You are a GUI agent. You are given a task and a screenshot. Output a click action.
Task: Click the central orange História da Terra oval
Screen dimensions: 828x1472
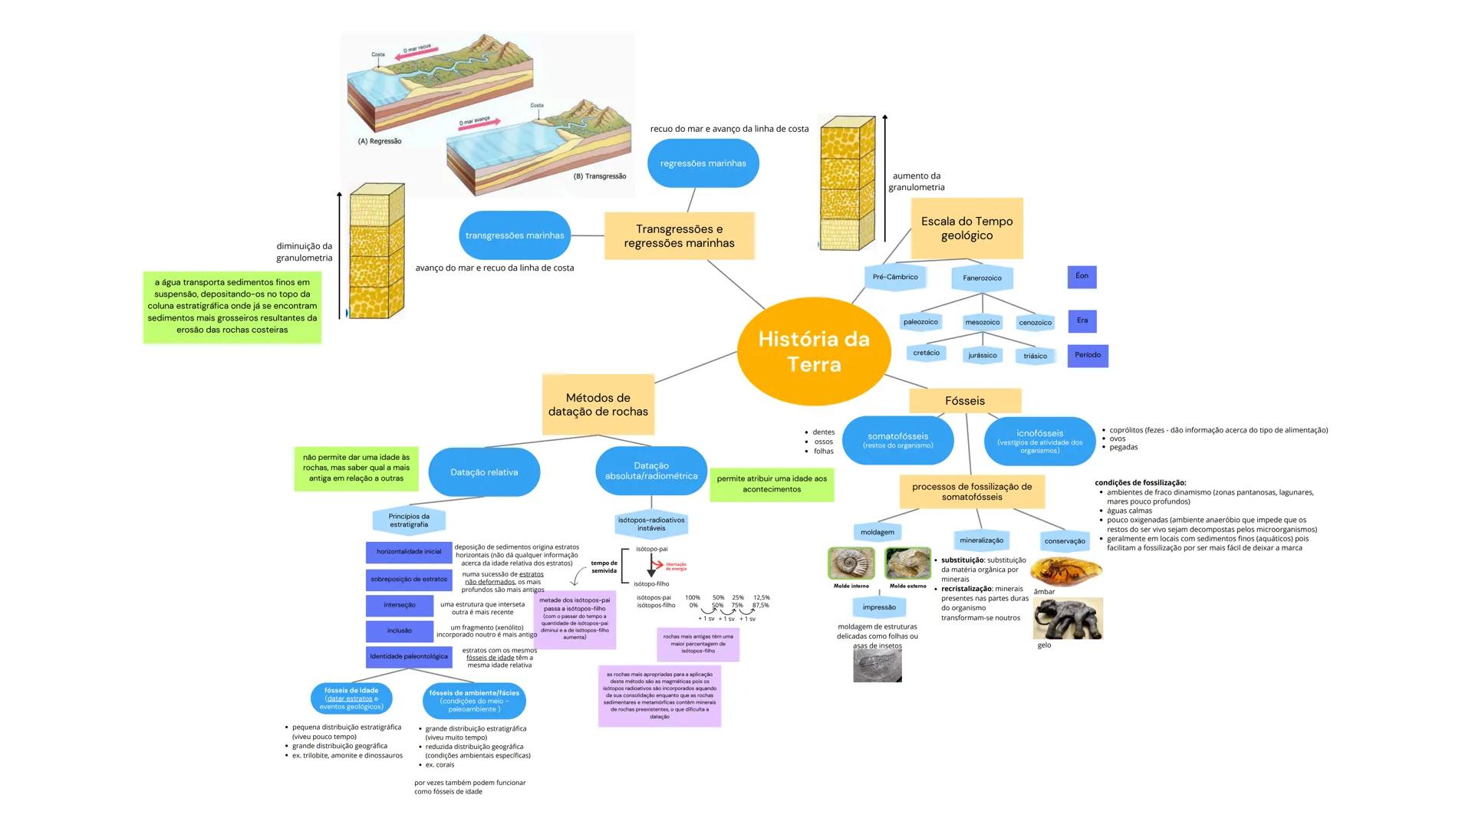(814, 351)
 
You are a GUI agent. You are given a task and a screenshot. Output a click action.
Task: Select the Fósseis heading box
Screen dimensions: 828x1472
(965, 401)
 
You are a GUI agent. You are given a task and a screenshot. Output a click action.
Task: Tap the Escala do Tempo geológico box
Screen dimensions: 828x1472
(967, 228)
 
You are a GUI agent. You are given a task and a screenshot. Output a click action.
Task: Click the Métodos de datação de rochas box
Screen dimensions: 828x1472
(598, 404)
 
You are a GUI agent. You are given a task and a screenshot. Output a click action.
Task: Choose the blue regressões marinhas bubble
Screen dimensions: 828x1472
(703, 163)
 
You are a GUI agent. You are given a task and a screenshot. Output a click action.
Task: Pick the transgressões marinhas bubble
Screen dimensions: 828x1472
(515, 235)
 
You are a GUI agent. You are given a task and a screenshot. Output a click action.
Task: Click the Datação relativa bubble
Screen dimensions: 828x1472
(484, 472)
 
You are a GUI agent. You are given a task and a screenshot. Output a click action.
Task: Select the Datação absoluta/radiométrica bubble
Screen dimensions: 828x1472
(651, 471)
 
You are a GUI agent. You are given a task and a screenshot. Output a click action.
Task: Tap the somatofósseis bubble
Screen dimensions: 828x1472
(897, 440)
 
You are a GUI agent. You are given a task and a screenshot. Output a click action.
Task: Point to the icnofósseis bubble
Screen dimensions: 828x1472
(1039, 441)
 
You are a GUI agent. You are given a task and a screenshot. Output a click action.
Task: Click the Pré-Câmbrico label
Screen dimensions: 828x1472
(895, 278)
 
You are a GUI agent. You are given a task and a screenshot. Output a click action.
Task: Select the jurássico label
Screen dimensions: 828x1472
(983, 356)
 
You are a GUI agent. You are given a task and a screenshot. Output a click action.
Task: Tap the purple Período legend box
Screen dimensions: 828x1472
(1087, 355)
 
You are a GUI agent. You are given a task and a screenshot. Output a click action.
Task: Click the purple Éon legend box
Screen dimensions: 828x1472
(1082, 276)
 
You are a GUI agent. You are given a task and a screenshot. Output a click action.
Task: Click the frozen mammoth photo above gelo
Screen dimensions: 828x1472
(1068, 618)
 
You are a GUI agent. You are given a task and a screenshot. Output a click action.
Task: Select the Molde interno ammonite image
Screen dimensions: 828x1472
(851, 563)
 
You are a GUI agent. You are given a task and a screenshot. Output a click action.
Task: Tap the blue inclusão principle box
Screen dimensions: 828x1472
(400, 631)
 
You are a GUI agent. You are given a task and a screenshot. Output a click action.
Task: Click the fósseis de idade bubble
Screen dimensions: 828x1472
(351, 698)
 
